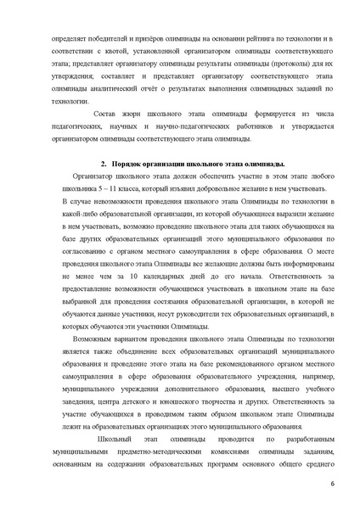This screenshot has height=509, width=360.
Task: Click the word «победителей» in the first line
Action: coord(99,38)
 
